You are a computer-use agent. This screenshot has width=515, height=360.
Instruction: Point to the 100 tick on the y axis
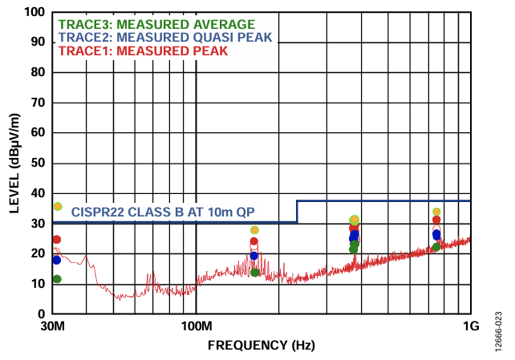pos(34,13)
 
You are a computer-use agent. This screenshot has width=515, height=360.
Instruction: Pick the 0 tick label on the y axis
pos(41,313)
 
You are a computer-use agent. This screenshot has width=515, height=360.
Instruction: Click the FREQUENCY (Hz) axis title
pos(261,345)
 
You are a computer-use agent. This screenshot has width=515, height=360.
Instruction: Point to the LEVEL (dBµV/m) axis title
pos(14,163)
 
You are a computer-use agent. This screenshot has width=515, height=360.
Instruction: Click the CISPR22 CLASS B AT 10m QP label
pos(174,212)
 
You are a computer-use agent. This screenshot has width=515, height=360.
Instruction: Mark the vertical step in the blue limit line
pos(297,212)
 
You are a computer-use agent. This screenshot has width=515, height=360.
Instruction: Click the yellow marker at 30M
pos(57,206)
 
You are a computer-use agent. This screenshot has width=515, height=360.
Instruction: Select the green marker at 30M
pos(57,279)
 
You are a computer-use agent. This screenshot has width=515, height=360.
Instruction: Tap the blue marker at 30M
pos(56,260)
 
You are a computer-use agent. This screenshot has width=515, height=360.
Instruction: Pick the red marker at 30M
pos(56,240)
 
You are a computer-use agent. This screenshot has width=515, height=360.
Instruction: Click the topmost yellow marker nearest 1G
pos(436,212)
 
